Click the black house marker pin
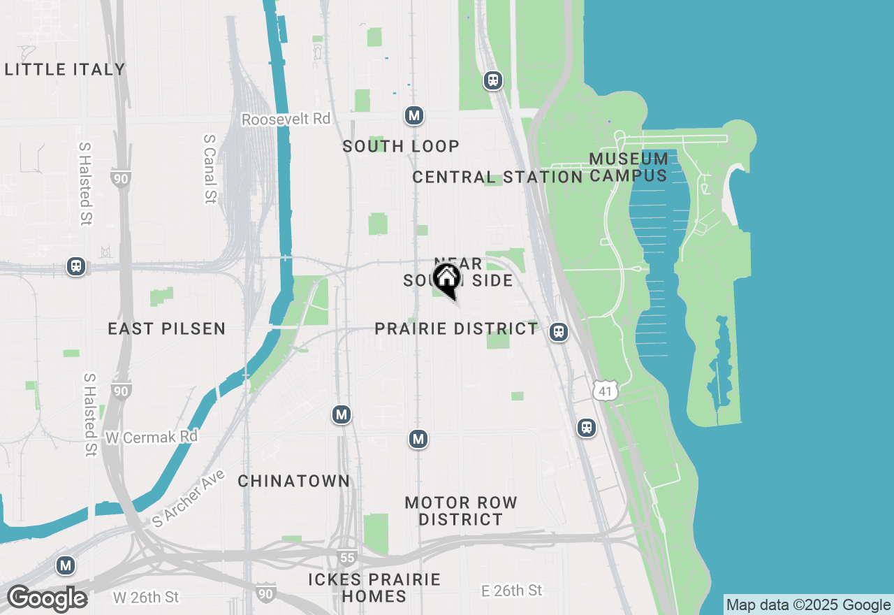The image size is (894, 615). coord(447,280)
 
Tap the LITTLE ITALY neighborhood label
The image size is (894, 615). coord(65,69)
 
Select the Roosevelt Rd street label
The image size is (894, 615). coord(286,119)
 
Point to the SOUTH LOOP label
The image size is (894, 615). coord(401,146)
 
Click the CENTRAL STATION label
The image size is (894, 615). coord(497,177)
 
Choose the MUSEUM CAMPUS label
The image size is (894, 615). coord(629,167)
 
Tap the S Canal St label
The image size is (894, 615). coord(209,168)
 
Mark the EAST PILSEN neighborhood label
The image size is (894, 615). coord(166,328)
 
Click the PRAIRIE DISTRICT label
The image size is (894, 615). coord(457,328)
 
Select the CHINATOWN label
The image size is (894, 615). coord(293,481)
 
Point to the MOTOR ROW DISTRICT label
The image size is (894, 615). coord(461,511)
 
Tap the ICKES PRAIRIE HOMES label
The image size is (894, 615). coord(374,588)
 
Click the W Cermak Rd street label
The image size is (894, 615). coord(152,437)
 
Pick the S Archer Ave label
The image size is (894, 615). coord(189,498)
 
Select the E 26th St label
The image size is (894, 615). coord(512,591)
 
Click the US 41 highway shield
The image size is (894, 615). coord(605,391)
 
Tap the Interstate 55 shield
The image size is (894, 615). coord(346,557)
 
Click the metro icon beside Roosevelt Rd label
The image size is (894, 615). coord(414,115)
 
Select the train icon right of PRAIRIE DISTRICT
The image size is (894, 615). coord(558,331)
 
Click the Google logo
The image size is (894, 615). coord(47,599)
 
